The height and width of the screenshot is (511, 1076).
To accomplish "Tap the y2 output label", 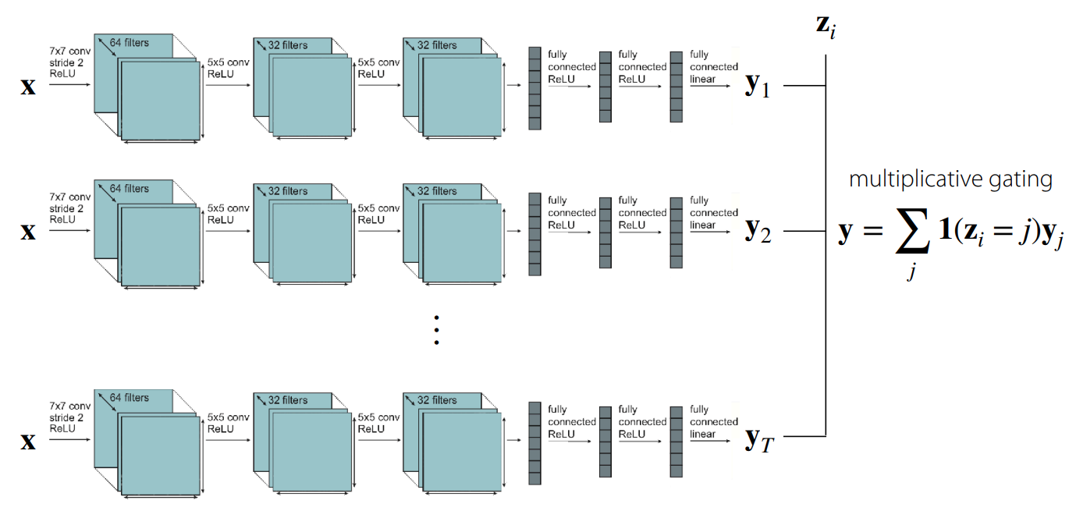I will click(x=758, y=231).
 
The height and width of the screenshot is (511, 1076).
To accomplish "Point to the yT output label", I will click(x=758, y=440).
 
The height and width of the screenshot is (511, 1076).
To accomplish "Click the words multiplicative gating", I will click(x=950, y=179).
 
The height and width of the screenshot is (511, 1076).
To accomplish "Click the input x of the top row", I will click(x=28, y=85).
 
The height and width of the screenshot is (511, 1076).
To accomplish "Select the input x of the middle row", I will click(x=28, y=231).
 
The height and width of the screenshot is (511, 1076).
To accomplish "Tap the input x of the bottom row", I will click(x=28, y=441).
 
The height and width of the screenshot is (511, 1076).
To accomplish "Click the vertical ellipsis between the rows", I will click(x=437, y=329).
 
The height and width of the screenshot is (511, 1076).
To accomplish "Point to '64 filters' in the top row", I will click(x=129, y=42).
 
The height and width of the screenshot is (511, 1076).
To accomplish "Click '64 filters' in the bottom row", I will click(x=129, y=397).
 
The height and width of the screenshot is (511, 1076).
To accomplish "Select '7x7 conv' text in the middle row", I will click(x=69, y=197).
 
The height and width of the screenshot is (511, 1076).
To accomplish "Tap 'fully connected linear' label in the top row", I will click(x=713, y=66).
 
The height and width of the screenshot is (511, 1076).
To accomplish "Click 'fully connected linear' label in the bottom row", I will click(x=713, y=421).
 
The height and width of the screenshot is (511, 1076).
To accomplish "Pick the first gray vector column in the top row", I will click(x=534, y=88).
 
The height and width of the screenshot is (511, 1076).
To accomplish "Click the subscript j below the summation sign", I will click(x=910, y=274).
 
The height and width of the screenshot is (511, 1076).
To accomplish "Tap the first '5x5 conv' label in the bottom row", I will click(x=228, y=416).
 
